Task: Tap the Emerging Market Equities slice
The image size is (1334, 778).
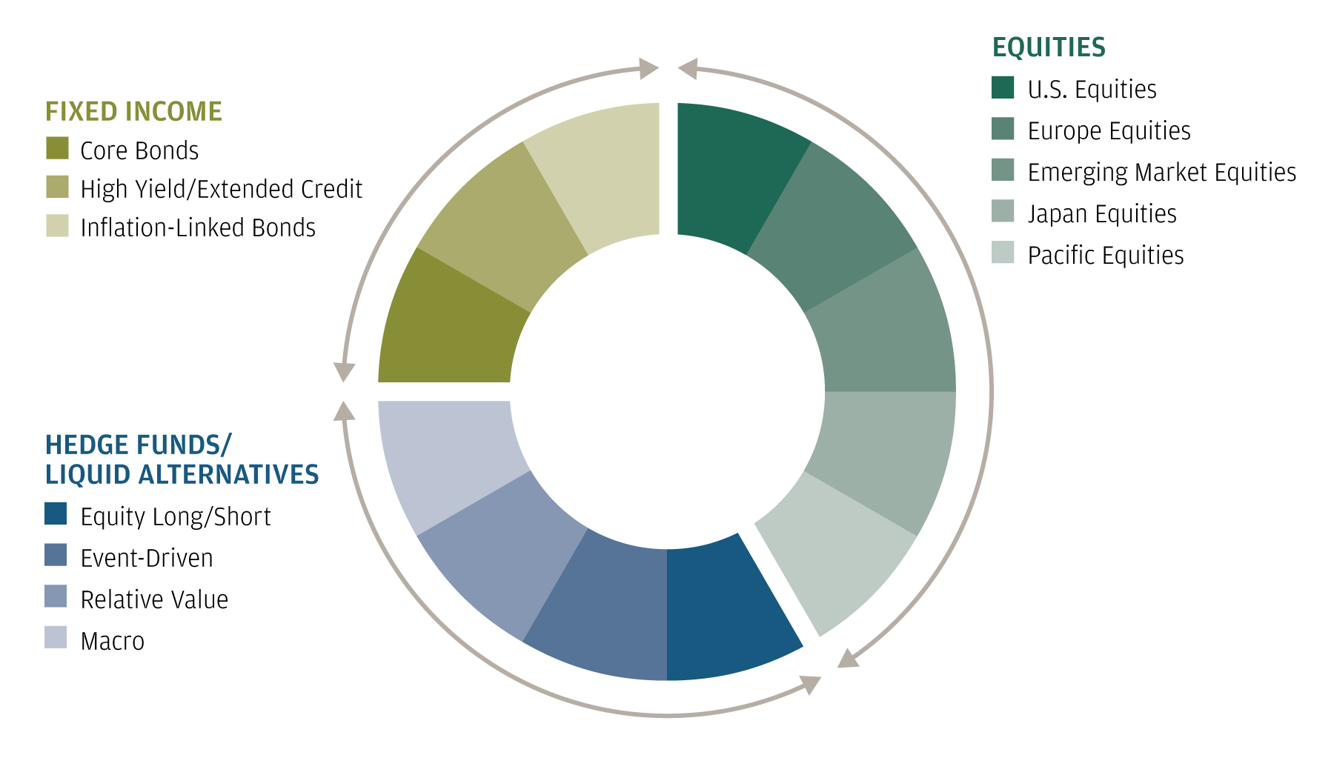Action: pos(886,322)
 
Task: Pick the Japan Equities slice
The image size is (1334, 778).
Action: pos(886,459)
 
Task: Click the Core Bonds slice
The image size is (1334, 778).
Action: pos(448,322)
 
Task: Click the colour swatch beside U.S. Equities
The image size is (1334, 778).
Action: pos(1003,87)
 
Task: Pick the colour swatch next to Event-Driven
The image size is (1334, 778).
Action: pos(56,555)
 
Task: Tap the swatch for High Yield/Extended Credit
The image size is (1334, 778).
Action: pos(57,187)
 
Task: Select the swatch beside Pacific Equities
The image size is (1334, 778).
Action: pos(1003,252)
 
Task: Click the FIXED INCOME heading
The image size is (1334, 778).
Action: pos(133,111)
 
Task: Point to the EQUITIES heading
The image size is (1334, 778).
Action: pos(1049,47)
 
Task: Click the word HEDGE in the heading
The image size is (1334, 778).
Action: pos(86,445)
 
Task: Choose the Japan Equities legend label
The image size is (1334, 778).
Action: pos(1102,214)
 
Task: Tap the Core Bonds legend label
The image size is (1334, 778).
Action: pos(139,150)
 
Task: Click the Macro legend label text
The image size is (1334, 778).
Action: pos(113,641)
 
